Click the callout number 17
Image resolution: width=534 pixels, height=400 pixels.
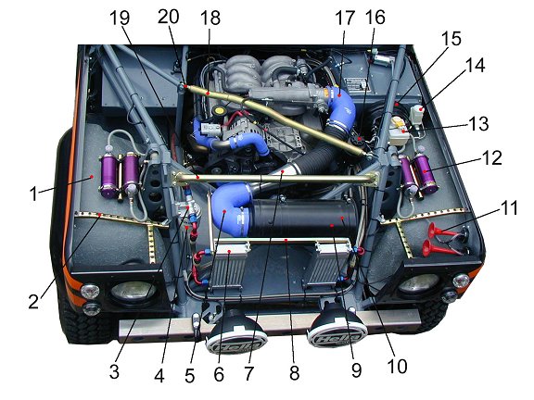(x=345, y=19)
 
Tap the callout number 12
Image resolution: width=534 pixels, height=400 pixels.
(x=492, y=157)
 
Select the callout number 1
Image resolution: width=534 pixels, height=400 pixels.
(x=33, y=194)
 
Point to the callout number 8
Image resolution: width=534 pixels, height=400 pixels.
(x=295, y=373)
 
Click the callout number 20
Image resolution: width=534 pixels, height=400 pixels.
(x=168, y=17)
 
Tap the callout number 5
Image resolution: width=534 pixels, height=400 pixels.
(x=189, y=376)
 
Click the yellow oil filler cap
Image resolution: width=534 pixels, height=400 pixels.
(x=219, y=110)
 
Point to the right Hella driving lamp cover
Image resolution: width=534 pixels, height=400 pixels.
(x=337, y=327)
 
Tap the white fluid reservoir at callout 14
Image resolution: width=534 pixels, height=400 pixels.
(x=417, y=115)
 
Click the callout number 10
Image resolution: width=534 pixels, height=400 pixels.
(x=398, y=367)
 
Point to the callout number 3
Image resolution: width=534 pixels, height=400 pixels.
(x=114, y=372)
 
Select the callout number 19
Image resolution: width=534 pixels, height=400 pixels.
(x=120, y=18)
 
